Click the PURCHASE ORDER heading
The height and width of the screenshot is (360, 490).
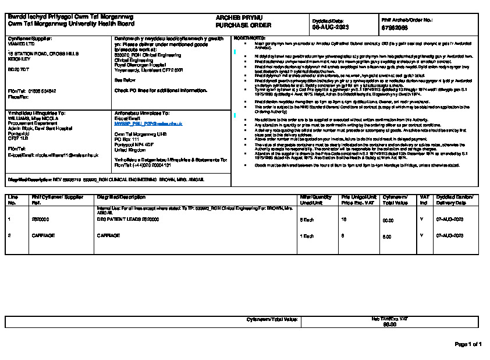[235, 26]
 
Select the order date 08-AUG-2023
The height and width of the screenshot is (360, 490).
[331, 27]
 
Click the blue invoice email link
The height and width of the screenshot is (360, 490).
[148, 124]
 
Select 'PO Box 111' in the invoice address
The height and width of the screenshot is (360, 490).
[127, 139]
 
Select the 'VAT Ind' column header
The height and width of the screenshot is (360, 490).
[424, 200]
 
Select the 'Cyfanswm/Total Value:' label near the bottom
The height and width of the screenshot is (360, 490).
[272, 320]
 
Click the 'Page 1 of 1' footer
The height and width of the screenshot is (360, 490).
[468, 344]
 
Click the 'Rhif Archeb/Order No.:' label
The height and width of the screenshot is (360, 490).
[406, 20]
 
